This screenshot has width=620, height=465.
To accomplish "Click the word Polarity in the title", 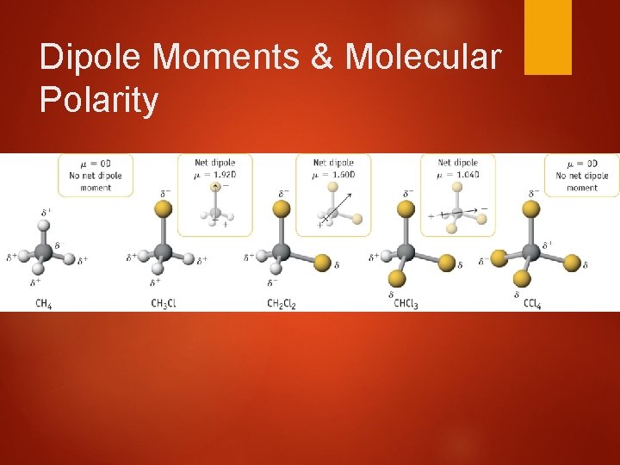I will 99,101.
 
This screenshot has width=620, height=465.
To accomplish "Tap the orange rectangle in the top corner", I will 548,36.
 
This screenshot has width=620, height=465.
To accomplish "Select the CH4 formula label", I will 43,303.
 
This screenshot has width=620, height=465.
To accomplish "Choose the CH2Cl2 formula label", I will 282,303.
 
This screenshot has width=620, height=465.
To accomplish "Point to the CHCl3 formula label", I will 406,303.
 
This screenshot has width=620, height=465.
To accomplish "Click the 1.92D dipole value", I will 223,172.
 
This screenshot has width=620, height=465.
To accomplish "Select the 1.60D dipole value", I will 342,172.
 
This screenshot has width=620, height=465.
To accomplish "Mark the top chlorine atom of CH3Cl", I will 160,209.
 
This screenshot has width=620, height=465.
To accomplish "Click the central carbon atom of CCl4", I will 531,251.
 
